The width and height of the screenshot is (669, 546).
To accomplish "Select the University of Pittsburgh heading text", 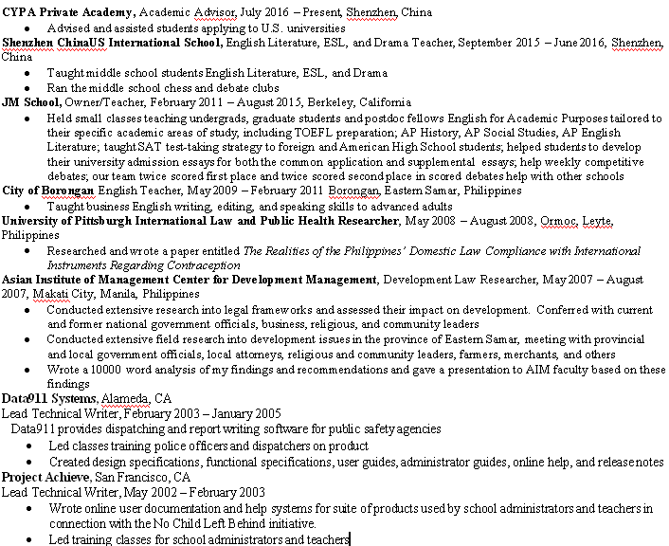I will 200,220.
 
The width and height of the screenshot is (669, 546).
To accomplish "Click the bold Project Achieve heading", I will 45,478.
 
